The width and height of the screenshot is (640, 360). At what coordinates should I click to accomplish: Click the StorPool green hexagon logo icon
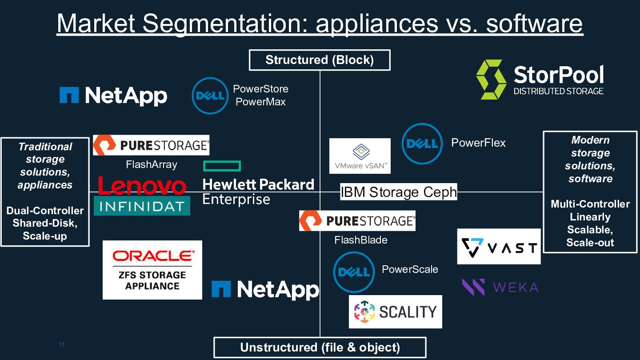pyautogui.click(x=491, y=79)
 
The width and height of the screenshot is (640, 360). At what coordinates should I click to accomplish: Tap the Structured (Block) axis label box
pyautogui.click(x=320, y=60)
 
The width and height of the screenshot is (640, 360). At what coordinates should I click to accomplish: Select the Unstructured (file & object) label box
pyautogui.click(x=320, y=348)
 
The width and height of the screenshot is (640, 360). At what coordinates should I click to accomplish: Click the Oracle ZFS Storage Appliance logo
pyautogui.click(x=152, y=270)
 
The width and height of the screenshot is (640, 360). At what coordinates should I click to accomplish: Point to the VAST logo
pyautogui.click(x=499, y=247)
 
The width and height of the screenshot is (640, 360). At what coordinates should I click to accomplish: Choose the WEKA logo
pyautogui.click(x=500, y=287)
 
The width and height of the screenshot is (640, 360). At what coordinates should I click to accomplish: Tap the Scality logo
pyautogui.click(x=395, y=312)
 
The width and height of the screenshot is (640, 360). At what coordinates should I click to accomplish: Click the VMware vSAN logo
pyautogui.click(x=360, y=156)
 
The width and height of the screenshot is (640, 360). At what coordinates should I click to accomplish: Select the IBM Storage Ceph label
pyautogui.click(x=399, y=192)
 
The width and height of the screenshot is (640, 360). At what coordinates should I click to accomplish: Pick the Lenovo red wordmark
pyautogui.click(x=142, y=186)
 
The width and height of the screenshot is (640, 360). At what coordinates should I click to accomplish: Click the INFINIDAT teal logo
pyautogui.click(x=142, y=206)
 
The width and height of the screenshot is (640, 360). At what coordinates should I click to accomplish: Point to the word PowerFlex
pyautogui.click(x=478, y=143)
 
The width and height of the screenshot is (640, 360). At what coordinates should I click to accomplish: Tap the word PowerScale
pyautogui.click(x=410, y=269)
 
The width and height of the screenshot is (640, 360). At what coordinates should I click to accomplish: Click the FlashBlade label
pyautogui.click(x=361, y=240)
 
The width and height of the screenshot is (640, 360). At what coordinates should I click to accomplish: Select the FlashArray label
pyautogui.click(x=152, y=164)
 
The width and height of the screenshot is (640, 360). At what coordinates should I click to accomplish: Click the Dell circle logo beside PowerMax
pyautogui.click(x=210, y=96)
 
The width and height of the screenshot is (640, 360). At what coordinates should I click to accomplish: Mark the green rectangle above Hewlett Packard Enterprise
pyautogui.click(x=222, y=166)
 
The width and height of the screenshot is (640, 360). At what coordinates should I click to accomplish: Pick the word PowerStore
pyautogui.click(x=261, y=89)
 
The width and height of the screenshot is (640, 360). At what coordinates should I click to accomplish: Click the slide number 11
pyautogui.click(x=61, y=345)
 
